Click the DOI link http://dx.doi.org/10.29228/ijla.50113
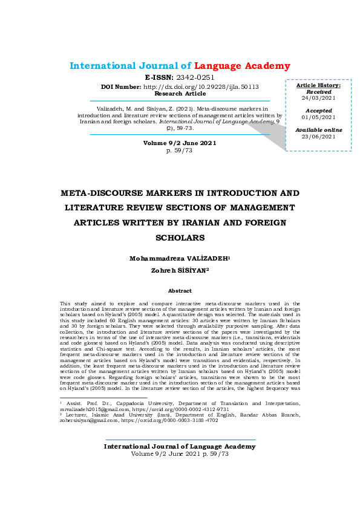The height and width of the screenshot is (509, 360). (x=209, y=86)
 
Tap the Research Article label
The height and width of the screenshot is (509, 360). (x=180, y=94)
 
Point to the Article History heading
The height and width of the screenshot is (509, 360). (x=318, y=86)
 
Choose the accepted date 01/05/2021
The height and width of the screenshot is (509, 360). (x=318, y=117)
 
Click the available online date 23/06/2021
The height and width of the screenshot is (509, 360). (x=318, y=137)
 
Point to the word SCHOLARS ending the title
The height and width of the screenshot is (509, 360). (x=180, y=238)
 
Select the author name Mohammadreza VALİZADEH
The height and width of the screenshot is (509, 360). (x=179, y=258)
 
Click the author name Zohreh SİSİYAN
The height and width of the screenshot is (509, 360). (x=180, y=270)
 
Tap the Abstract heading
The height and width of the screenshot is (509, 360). (x=180, y=290)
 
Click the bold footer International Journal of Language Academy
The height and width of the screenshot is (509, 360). (x=180, y=446)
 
